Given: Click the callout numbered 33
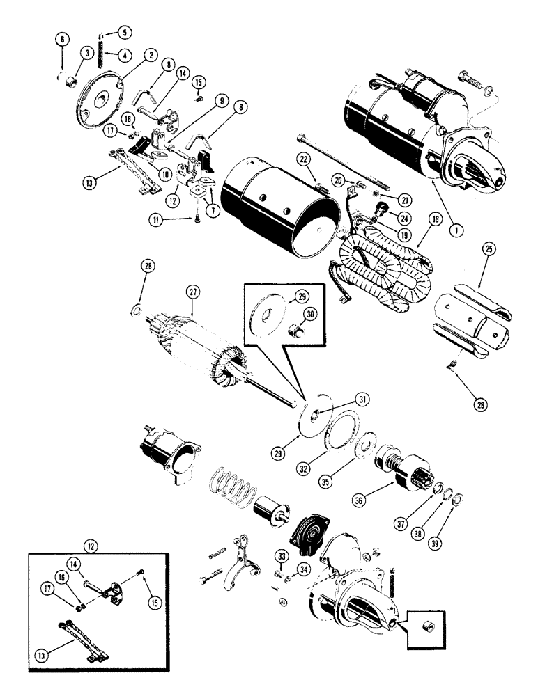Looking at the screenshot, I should (280, 556).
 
